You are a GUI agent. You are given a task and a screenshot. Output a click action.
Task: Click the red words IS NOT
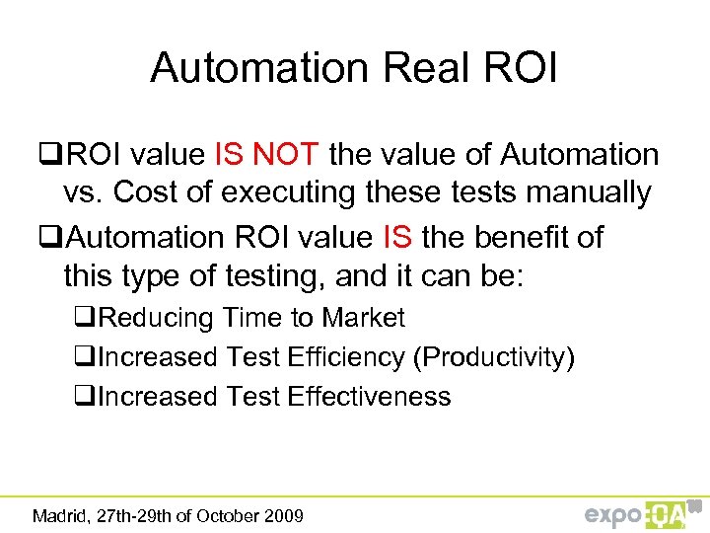click(x=265, y=155)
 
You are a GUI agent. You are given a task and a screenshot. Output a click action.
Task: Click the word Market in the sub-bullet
click(x=364, y=318)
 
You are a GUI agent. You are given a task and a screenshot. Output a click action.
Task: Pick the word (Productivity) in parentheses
click(x=495, y=357)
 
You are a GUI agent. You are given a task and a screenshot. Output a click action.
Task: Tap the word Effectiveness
click(x=369, y=397)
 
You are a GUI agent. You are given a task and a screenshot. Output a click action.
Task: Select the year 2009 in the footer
click(x=281, y=515)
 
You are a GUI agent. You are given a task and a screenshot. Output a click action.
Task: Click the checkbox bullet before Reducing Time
click(x=87, y=318)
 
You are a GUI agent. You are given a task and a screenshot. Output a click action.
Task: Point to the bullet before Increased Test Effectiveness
click(x=87, y=397)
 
